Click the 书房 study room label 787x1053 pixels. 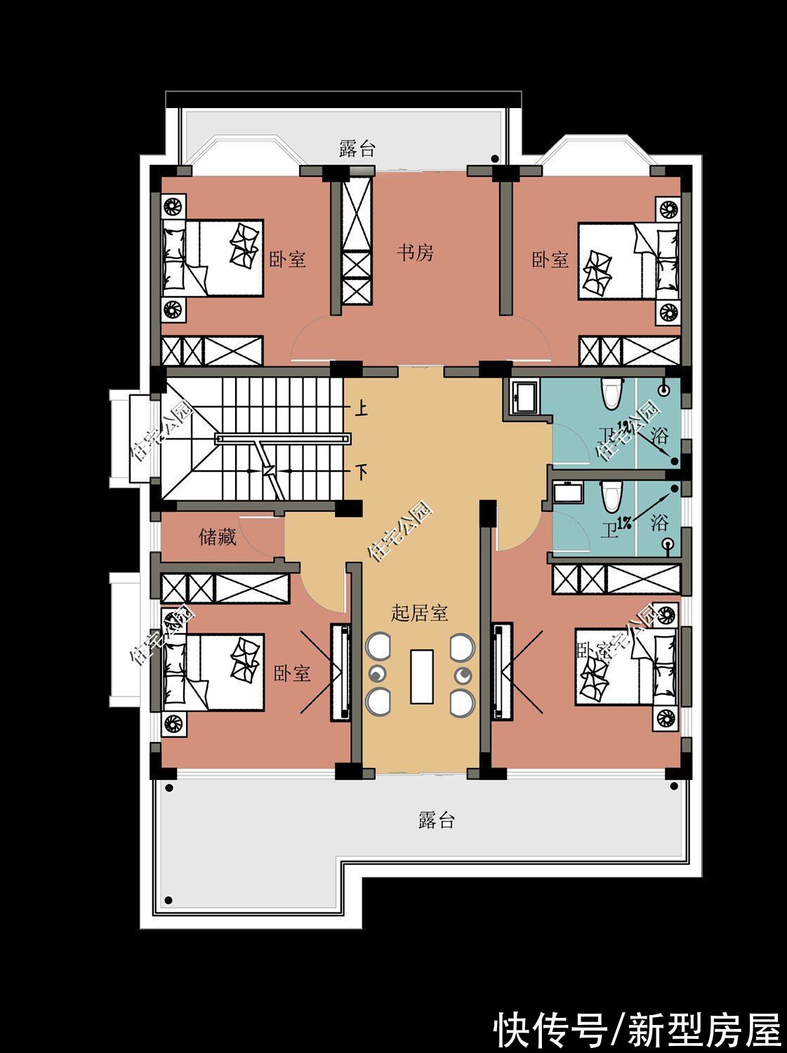click(416, 253)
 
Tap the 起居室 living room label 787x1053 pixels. click(420, 613)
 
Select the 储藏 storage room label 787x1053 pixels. click(218, 538)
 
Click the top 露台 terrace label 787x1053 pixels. click(357, 149)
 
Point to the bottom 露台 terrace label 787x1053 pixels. click(437, 820)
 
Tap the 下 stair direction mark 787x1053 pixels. click(361, 471)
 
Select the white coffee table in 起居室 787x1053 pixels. click(422, 677)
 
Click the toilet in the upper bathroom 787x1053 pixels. click(612, 393)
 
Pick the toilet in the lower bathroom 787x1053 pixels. click(611, 497)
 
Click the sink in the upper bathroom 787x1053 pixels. click(523, 396)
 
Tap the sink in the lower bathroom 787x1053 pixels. click(564, 494)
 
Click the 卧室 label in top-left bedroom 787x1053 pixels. click(288, 260)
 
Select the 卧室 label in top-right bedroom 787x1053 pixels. click(550, 260)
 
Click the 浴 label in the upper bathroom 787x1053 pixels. click(660, 435)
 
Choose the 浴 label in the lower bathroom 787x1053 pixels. click(659, 522)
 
